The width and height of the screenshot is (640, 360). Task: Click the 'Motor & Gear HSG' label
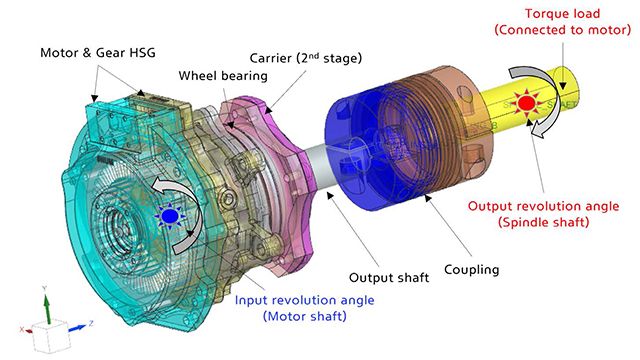(x=98, y=53)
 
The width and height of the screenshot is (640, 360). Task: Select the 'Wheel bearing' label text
(x=223, y=76)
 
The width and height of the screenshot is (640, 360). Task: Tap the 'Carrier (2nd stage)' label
(x=306, y=58)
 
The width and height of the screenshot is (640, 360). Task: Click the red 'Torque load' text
(x=562, y=13)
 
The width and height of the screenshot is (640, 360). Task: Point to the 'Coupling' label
(x=471, y=270)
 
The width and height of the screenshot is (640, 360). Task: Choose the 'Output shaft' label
(x=389, y=278)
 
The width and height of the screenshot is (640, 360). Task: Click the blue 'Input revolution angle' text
(x=304, y=300)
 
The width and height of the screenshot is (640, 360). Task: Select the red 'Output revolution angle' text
(x=543, y=206)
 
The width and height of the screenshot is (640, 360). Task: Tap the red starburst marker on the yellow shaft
(x=526, y=102)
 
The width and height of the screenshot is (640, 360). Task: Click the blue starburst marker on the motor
(x=169, y=215)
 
